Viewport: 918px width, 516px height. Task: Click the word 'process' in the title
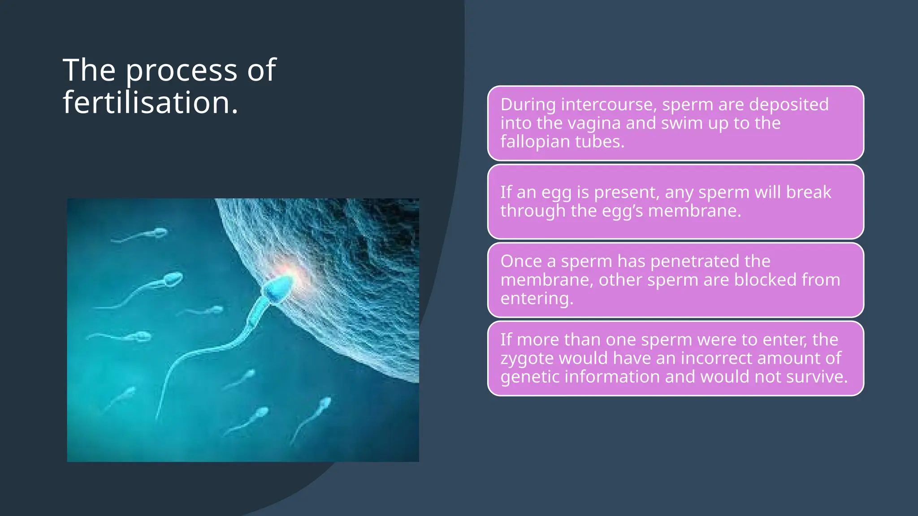[181, 71]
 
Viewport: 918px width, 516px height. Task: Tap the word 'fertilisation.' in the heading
[150, 103]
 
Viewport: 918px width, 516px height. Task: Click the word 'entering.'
[537, 299]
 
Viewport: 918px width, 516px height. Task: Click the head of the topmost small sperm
[160, 232]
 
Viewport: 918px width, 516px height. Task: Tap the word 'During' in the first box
[528, 104]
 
